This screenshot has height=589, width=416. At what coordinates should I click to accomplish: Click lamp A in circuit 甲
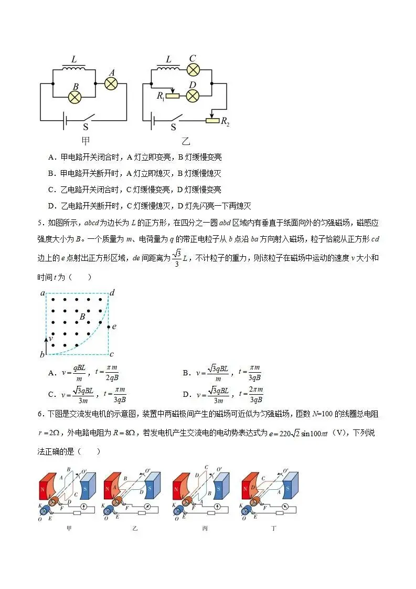(x=111, y=83)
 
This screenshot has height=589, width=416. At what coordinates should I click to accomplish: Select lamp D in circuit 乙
(x=193, y=96)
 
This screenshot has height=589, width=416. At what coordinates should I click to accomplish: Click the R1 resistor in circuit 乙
(x=172, y=96)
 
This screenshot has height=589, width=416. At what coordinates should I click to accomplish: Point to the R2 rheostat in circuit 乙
(x=212, y=120)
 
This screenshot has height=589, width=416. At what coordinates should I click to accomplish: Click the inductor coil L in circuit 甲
(x=74, y=68)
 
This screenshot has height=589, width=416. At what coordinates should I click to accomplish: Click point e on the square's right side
(x=109, y=327)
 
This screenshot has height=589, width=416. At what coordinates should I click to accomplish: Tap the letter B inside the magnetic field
(x=82, y=316)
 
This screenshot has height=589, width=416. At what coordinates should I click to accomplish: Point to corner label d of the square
(x=112, y=292)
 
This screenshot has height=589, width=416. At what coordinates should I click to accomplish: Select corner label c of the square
(x=112, y=354)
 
